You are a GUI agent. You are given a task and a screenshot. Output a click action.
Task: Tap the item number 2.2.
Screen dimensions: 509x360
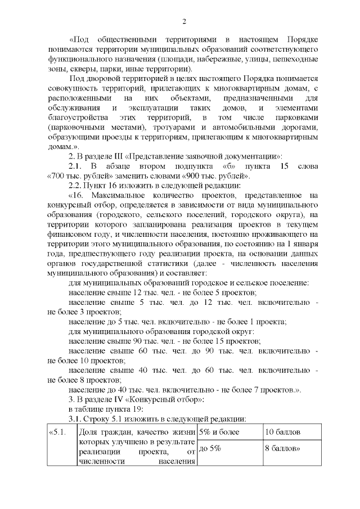click(74, 184)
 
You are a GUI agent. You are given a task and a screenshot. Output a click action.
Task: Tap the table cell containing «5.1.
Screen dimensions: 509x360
click(58, 432)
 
